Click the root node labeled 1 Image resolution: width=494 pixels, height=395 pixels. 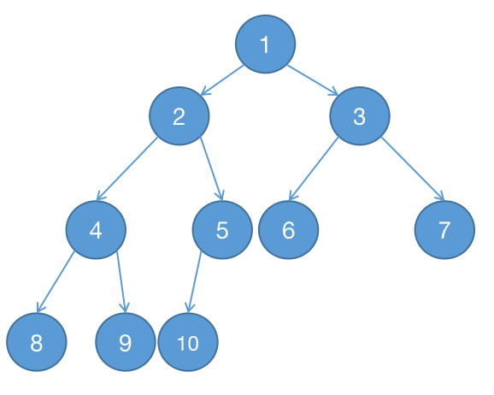pos(265,44)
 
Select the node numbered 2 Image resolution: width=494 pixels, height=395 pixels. pos(179,116)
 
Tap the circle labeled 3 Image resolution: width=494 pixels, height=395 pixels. pos(360,116)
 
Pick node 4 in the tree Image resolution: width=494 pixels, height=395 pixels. pos(96,230)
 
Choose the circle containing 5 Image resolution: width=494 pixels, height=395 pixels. pos(222,230)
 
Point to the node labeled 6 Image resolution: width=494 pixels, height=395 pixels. pos(289,230)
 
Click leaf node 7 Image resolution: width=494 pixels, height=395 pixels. pos(444,230)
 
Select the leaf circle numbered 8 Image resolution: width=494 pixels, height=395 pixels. pos(37,342)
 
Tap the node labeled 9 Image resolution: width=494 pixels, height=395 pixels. pos(126,342)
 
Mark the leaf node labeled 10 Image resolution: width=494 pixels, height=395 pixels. pos(188,342)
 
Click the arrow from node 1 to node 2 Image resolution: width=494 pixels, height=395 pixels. pos(222,80)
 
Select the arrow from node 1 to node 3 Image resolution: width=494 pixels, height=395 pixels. pos(313,80)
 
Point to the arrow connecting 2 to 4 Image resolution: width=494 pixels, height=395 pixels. pos(127,168)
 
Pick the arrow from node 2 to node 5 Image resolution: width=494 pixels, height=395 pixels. pos(212,168)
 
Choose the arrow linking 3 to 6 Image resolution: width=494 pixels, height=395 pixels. pos(314,168)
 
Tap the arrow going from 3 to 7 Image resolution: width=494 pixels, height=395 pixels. pos(413,168)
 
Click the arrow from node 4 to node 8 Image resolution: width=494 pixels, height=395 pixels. pos(56,281)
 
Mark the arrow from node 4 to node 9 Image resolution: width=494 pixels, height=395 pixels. pos(121,281)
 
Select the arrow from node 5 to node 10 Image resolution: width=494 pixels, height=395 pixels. pos(195,281)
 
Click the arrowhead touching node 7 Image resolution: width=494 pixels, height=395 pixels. pos(440,196)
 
